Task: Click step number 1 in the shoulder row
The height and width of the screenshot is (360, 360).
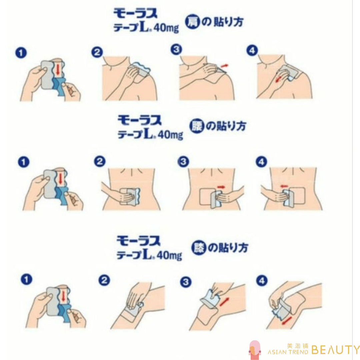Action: [21, 53]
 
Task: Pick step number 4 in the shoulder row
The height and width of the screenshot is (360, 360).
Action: [252, 51]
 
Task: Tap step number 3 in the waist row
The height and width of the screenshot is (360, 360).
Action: [183, 162]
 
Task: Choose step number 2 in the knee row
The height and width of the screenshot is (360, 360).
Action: [104, 280]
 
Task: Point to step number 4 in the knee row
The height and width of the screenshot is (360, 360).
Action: [262, 281]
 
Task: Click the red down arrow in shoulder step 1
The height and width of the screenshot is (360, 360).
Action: [58, 69]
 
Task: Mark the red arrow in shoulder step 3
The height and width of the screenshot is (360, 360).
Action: [225, 66]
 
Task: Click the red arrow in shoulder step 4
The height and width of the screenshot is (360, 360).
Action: [278, 79]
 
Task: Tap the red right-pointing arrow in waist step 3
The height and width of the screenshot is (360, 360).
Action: [221, 187]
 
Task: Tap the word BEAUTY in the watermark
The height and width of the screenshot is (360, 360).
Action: [336, 350]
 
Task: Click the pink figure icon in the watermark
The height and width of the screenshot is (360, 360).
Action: [255, 350]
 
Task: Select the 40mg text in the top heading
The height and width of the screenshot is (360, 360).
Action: [166, 28]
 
